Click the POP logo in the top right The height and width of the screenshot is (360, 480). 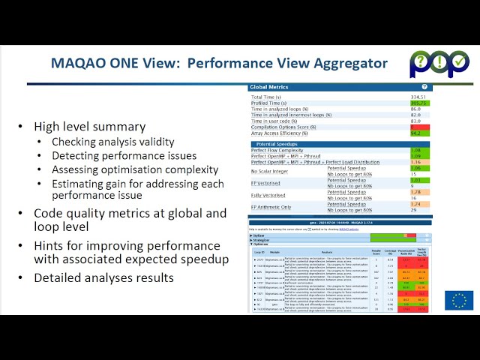click(x=439, y=64)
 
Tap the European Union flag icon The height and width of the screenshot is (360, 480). click(x=458, y=300)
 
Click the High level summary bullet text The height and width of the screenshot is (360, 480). click(x=90, y=127)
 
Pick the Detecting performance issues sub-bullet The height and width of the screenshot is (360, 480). click(x=124, y=156)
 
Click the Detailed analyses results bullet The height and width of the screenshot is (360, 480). click(x=103, y=277)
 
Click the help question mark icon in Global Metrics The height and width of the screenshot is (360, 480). click(x=424, y=87)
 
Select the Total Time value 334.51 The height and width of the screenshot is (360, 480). click(x=418, y=97)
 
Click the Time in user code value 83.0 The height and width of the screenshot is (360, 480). click(x=415, y=121)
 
